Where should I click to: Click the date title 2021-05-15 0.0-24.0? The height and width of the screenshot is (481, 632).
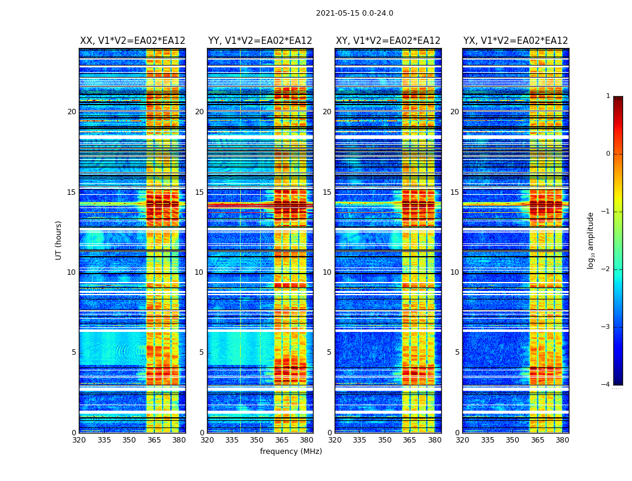click(355, 13)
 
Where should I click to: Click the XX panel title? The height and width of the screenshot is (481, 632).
click(132, 41)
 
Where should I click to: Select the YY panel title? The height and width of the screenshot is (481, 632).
click(260, 41)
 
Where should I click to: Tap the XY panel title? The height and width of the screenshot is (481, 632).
click(388, 41)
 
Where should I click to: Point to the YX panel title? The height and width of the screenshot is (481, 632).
click(516, 41)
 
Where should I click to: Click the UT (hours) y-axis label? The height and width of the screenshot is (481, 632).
click(59, 240)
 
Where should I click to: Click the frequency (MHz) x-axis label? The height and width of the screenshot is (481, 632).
click(291, 452)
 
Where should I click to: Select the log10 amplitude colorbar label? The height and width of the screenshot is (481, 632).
click(591, 240)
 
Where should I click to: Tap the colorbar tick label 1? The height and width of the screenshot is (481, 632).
click(607, 96)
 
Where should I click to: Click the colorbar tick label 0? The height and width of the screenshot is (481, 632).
click(607, 154)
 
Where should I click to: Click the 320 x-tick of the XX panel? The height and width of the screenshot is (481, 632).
click(79, 440)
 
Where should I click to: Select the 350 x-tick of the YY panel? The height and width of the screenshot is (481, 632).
click(257, 440)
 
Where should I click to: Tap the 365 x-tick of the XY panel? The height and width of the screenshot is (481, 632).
click(409, 440)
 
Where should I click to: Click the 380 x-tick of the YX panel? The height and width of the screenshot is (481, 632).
click(562, 440)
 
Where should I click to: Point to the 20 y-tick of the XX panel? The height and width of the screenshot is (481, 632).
click(72, 112)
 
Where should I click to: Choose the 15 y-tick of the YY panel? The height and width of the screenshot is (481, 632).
click(199, 192)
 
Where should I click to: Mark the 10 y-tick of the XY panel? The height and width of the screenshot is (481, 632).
click(327, 272)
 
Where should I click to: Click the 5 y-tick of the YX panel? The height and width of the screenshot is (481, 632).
click(457, 352)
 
